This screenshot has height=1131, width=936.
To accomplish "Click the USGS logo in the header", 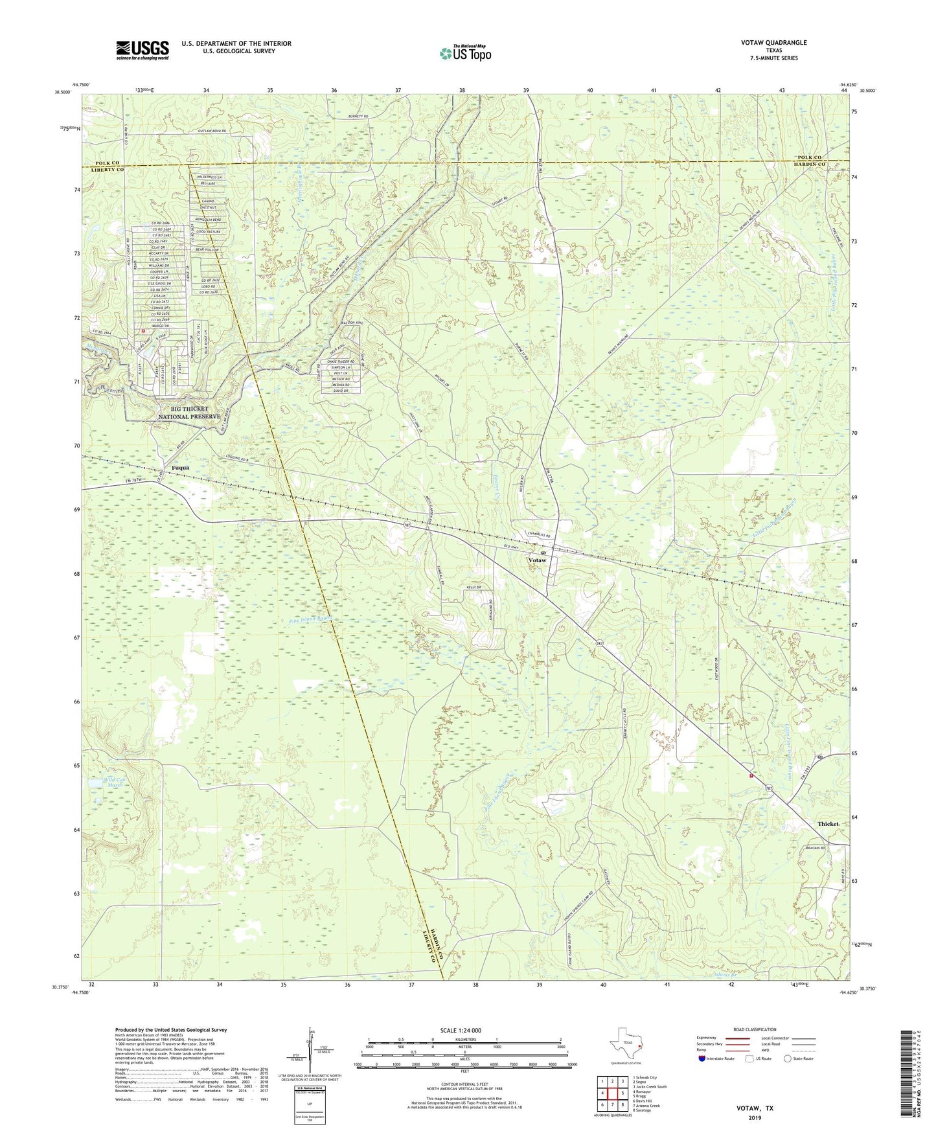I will (143, 50).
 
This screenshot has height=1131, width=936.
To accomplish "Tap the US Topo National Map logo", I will (464, 52).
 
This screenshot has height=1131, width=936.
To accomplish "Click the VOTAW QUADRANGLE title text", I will (774, 43).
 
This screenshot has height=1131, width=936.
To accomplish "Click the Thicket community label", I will (828, 824).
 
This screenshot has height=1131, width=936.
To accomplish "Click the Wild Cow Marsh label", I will (111, 782).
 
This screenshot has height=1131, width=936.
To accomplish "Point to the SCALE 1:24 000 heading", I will (463, 1030).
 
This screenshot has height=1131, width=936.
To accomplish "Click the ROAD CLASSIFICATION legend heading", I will (755, 1029).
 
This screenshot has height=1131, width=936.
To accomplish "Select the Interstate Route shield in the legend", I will (703, 1058).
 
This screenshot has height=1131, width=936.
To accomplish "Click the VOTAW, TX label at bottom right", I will (755, 1108).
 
